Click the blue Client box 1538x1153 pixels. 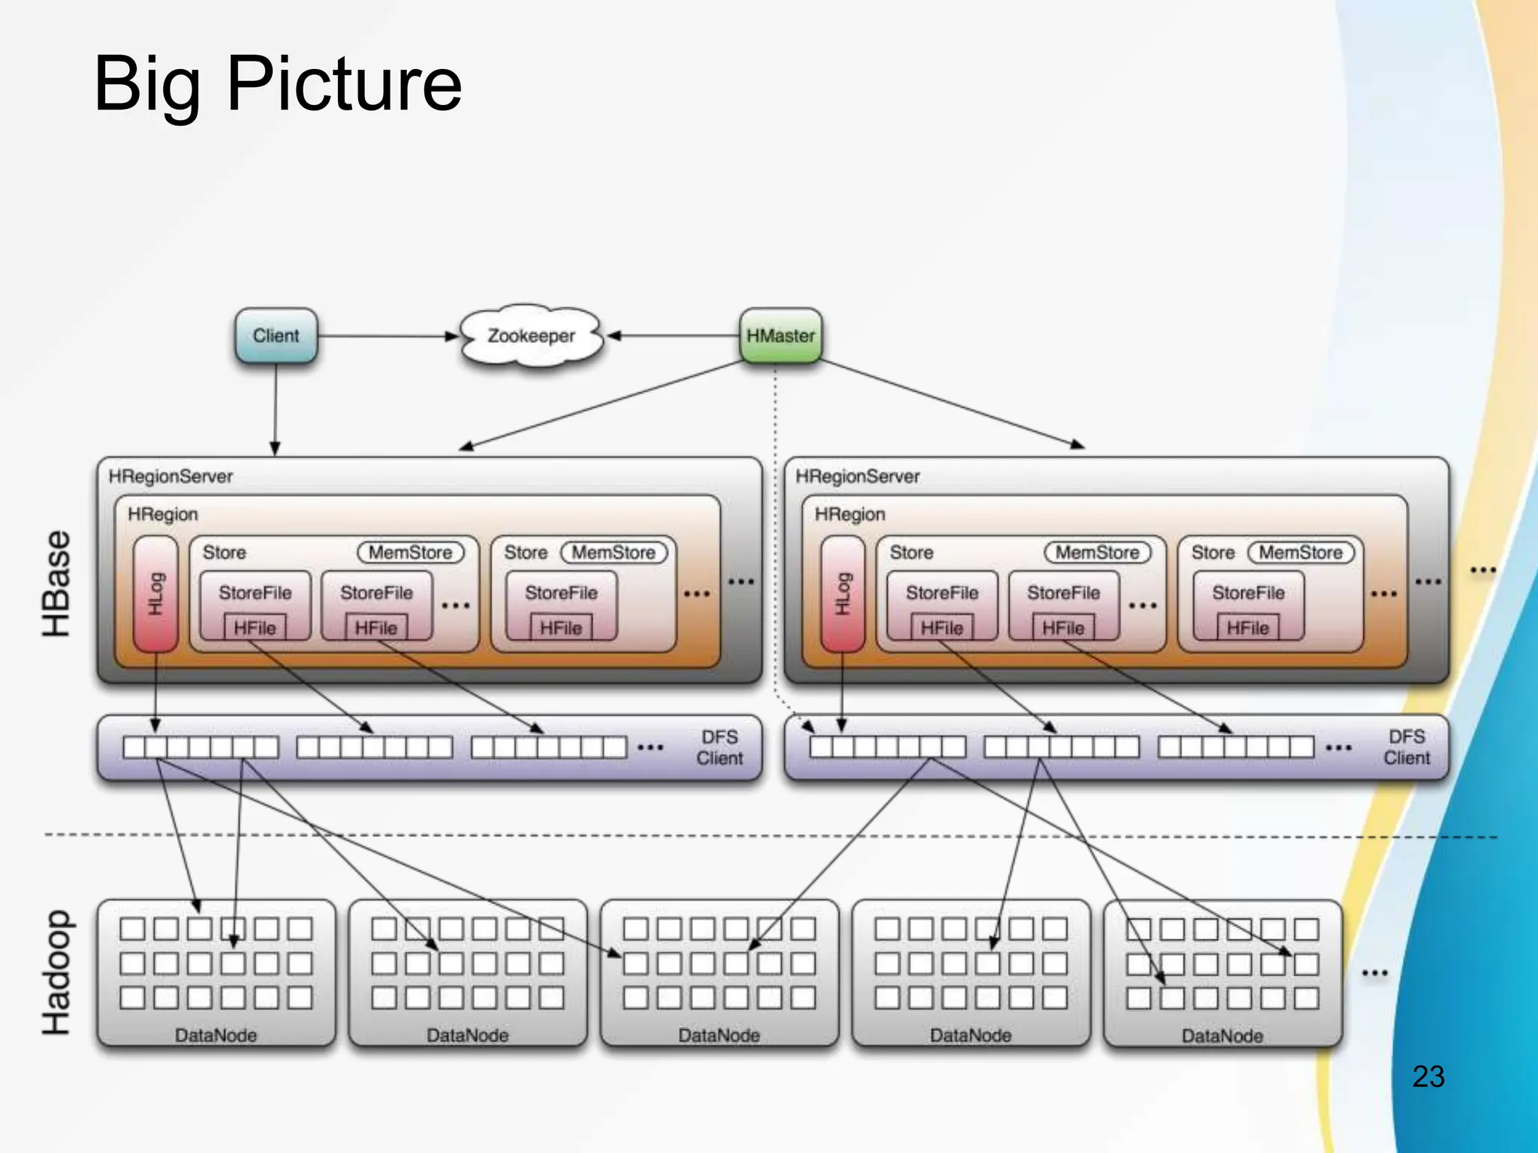pos(276,336)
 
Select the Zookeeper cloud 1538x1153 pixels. pos(531,336)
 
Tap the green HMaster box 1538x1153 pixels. pos(780,336)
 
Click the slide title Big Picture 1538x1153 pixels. pos(277,84)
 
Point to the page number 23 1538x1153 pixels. pos(1428,1076)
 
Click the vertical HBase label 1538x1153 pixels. pos(57,583)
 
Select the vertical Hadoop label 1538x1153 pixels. pos(57,973)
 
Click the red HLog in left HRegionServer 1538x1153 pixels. pos(155,594)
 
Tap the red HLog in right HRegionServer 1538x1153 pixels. pos(843,594)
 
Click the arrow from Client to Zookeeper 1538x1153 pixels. pos(387,336)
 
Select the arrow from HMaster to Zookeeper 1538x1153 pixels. pos(676,336)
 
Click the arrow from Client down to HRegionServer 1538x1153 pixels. pos(275,409)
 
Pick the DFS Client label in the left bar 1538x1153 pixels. pos(719,748)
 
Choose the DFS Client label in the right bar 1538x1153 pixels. pos(1406,748)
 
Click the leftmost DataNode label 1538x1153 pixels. pos(216,1035)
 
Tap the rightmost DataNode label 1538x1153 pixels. pos(1222,1036)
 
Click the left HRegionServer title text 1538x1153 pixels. pos(170,477)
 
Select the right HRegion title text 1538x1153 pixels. pos(849,514)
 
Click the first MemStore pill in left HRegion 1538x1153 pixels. pos(410,552)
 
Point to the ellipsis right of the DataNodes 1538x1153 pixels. pos(1374,973)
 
